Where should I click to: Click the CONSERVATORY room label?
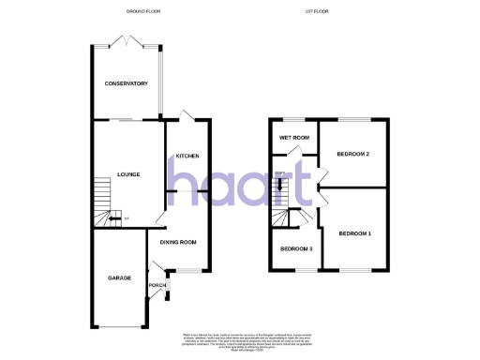coord(127,83)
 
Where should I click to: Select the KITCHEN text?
coord(187,156)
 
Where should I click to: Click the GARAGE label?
coord(119,278)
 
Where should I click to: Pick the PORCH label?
coord(157,285)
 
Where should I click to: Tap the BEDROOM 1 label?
coord(355,233)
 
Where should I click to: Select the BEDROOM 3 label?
coord(295,248)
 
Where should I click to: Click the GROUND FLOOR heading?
coord(143,12)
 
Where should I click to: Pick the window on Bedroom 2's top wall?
coord(352,119)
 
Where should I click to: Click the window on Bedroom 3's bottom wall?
coord(293,271)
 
